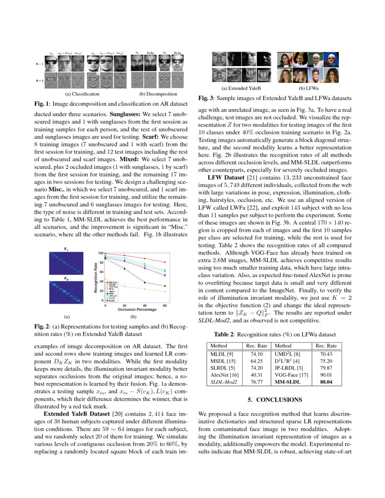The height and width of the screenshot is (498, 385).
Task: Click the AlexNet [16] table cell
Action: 221,374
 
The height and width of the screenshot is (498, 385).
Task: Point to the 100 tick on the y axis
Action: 101,253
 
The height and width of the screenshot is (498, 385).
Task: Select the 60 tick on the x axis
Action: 165,305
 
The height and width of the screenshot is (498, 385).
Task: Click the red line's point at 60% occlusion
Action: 165,262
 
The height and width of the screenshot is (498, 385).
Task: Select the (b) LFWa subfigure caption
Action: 308,88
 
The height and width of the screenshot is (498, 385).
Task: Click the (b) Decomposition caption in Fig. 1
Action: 158,94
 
